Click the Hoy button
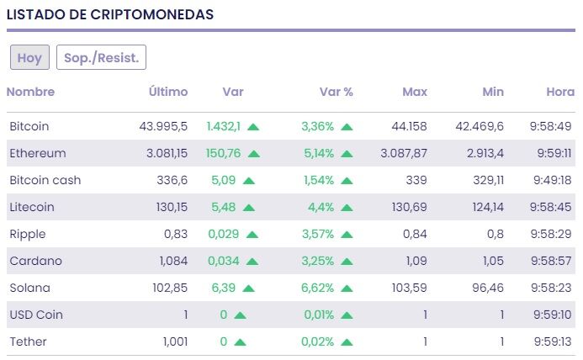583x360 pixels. (x=29, y=57)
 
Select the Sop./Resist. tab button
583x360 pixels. (x=101, y=57)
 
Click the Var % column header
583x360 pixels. (x=336, y=92)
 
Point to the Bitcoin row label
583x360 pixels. (x=29, y=126)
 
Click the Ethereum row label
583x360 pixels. (x=37, y=153)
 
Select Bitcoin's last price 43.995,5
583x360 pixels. (x=163, y=126)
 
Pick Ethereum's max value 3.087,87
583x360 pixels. (x=404, y=153)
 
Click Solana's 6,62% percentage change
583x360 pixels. (x=318, y=288)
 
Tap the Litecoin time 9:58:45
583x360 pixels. (x=552, y=207)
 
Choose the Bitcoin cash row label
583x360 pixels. (x=45, y=180)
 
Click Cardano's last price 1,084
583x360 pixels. (x=173, y=261)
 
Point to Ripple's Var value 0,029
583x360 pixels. (x=223, y=234)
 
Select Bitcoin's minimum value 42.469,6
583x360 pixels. (x=480, y=126)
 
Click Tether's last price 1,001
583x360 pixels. (x=173, y=341)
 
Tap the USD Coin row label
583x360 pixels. (x=36, y=315)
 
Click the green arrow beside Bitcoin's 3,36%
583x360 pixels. (x=347, y=127)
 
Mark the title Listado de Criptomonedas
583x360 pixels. (x=109, y=14)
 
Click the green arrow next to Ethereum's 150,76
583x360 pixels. (x=254, y=154)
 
